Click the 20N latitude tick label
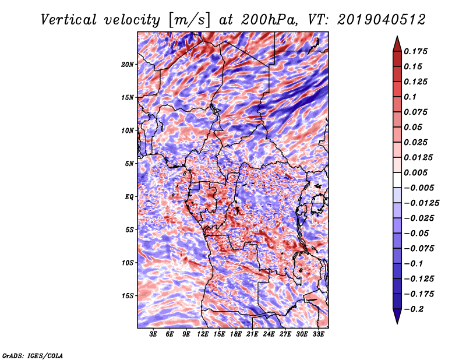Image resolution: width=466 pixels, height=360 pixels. pos(128,65)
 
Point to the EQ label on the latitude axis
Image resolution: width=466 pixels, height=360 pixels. pos(129,197)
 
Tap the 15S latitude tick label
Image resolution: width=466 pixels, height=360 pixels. pos(128,296)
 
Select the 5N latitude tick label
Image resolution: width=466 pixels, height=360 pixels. pos(129,164)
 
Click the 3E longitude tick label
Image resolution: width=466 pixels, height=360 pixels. pos(153,334)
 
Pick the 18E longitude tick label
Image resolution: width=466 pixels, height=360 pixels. pos(236,334)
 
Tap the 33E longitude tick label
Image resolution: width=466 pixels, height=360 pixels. pos(318,334)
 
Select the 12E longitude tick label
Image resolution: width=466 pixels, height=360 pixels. pos(203,334)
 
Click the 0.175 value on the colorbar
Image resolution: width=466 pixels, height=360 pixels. pos(415,51)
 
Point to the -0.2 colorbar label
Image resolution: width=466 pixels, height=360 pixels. pos(414,309)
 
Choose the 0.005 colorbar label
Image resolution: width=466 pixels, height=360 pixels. pos(415,172)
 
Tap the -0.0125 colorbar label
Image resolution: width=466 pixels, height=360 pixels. pos(421,203)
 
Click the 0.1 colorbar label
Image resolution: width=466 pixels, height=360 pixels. pos(410,97)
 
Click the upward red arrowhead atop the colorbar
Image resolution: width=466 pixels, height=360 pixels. pos(397,44)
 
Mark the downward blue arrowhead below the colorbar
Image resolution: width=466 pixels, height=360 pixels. pos(397,316)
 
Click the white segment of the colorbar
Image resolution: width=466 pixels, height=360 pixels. pos(397,180)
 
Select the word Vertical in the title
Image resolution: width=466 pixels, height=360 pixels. pos(69,20)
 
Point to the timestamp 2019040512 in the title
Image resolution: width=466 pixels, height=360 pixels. pos(382,20)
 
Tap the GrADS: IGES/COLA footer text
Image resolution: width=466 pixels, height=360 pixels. pos(33,355)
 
